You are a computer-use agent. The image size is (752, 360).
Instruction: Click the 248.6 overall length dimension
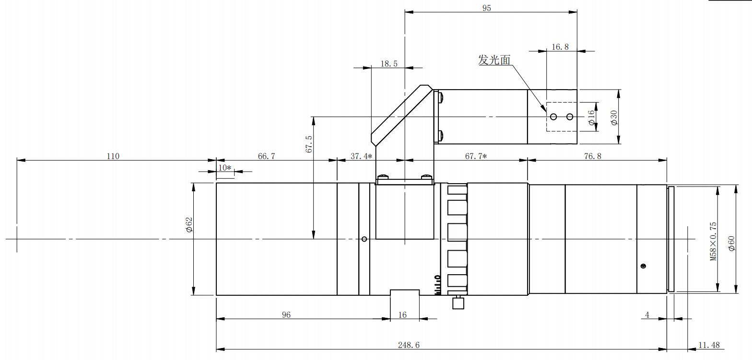(409, 345)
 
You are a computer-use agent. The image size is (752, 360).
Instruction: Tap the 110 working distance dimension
(113, 156)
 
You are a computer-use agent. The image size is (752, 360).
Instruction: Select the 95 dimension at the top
(486, 8)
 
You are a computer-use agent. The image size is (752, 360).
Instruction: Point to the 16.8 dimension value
(560, 47)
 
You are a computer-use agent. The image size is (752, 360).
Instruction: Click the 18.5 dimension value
(389, 63)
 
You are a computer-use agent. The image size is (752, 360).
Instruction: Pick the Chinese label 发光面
(494, 60)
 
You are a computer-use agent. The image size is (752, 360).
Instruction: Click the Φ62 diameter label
(189, 224)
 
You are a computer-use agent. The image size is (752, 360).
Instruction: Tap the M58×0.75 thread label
(714, 241)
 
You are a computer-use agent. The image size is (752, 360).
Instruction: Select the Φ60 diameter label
(731, 243)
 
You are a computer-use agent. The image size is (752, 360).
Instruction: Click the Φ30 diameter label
(614, 118)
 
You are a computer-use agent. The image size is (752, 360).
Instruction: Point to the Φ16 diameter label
(591, 118)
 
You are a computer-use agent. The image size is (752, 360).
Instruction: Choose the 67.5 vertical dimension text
(309, 144)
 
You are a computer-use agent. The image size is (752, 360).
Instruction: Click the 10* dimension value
(225, 167)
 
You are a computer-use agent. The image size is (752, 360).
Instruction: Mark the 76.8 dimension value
(593, 156)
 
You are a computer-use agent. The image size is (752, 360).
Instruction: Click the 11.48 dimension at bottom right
(709, 345)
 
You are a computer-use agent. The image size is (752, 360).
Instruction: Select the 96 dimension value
(286, 315)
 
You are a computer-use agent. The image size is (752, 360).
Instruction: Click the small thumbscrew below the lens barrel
(458, 302)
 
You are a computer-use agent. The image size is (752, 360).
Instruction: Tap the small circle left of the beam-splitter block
(364, 239)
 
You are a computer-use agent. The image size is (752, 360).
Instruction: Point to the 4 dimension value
(647, 315)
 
